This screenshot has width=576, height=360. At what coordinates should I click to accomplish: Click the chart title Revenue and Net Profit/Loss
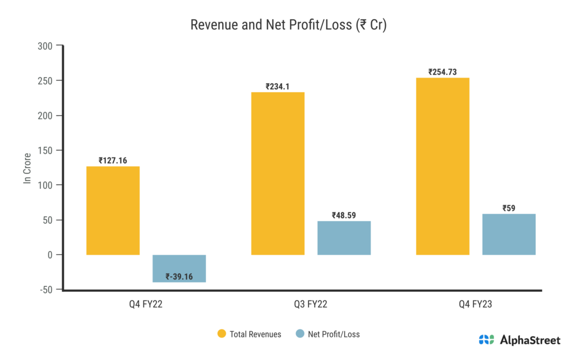[x=288, y=25]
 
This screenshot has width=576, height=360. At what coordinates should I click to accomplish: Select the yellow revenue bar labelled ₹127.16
[x=113, y=210]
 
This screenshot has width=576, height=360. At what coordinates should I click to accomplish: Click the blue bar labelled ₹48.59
[x=344, y=238]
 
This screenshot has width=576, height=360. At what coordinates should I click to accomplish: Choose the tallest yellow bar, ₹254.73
[x=443, y=166]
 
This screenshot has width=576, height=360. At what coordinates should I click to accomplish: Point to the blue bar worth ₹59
[x=509, y=234]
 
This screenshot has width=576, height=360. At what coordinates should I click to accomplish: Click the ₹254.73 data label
[x=443, y=72]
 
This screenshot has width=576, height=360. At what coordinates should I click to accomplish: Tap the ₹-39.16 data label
[x=179, y=276]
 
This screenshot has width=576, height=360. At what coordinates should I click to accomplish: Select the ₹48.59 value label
[x=344, y=215]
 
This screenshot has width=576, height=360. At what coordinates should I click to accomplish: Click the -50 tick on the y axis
[x=46, y=290]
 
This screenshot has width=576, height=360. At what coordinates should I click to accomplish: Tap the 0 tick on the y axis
[x=50, y=255]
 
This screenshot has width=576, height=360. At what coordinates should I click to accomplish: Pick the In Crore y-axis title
[x=26, y=168]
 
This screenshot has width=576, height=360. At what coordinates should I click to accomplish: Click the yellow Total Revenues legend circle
[x=222, y=334]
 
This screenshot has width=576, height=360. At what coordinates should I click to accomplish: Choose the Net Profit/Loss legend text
[x=334, y=334]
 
